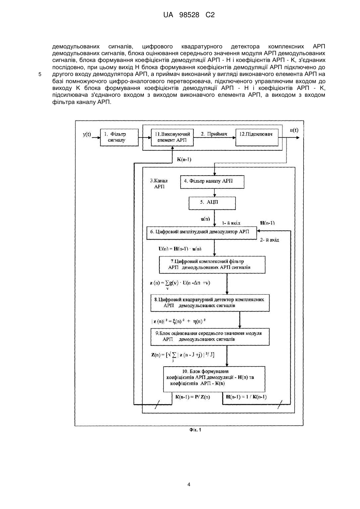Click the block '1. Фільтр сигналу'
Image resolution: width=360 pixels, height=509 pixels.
119,138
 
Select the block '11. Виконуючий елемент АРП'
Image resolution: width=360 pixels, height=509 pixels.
172,138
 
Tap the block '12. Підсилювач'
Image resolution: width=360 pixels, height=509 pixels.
257,138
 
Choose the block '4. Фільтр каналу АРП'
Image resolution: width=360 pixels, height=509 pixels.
212,182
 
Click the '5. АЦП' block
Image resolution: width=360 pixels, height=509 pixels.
212,203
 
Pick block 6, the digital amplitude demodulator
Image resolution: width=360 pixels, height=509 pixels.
201,233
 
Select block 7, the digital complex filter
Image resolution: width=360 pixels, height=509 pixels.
212,265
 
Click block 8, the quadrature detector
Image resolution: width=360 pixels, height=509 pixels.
210,303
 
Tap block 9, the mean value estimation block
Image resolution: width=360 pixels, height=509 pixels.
210,337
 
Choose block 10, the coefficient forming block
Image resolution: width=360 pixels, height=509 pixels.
214,379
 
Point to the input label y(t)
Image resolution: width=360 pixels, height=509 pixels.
87,134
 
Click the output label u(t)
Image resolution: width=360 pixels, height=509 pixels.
294,130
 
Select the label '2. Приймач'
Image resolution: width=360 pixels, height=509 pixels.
214,134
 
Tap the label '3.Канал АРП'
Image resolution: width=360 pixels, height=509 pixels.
159,184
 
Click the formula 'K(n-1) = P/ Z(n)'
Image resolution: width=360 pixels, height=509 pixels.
193,397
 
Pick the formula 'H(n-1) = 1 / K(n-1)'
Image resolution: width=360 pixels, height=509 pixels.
246,397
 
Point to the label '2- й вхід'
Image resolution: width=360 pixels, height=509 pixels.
270,240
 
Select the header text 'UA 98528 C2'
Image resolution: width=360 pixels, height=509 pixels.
189,15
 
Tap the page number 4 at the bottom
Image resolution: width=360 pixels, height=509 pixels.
189,484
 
